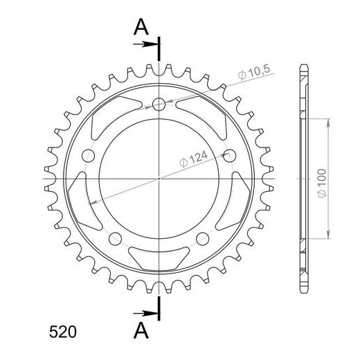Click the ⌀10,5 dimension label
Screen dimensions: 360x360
[x=254, y=72]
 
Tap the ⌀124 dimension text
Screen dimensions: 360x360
[x=193, y=159]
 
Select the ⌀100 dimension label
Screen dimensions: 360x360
[x=322, y=183]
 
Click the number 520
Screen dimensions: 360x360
[x=62, y=332]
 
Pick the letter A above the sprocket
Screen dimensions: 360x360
[x=141, y=27]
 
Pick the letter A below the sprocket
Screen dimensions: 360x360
[x=141, y=330]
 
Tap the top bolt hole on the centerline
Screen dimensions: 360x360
[x=159, y=104]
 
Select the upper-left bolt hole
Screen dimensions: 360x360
[x=89, y=156]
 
